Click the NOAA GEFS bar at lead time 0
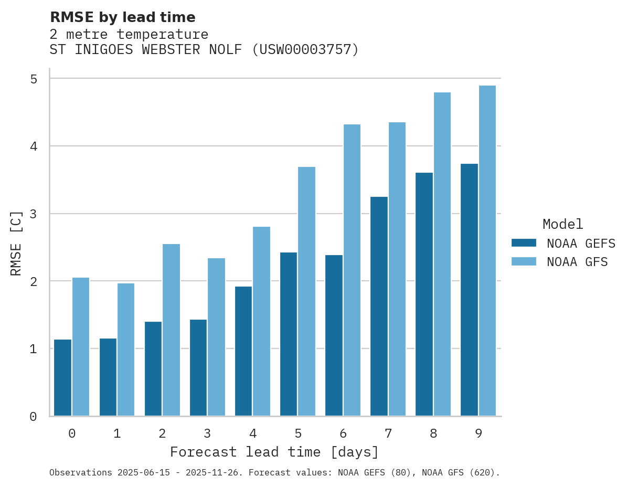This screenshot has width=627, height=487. [x=62, y=378]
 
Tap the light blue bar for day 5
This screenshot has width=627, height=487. [x=306, y=291]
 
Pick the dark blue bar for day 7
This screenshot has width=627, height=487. [x=379, y=306]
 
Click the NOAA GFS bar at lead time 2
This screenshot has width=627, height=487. [x=171, y=330]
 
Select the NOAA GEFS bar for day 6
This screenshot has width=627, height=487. [x=334, y=335]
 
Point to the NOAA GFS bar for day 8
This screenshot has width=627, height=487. [x=442, y=254]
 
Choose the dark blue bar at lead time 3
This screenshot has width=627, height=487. [x=198, y=367]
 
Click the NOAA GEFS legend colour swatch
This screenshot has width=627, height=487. [x=524, y=243]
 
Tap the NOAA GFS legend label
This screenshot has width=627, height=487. [x=577, y=262]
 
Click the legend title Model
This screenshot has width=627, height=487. [x=562, y=225]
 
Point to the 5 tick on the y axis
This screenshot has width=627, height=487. [x=33, y=79]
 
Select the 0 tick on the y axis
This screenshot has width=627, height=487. [x=33, y=417]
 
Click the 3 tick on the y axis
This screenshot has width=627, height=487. [x=33, y=214]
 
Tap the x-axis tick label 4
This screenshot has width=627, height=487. [x=252, y=434]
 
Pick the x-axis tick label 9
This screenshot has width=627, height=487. [x=479, y=434]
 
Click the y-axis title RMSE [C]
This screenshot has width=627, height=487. [x=16, y=243]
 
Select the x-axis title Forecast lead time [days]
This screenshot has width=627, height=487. [x=274, y=452]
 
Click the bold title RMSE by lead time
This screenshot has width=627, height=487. [x=122, y=17]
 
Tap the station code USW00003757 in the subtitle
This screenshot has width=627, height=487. [x=304, y=50]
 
